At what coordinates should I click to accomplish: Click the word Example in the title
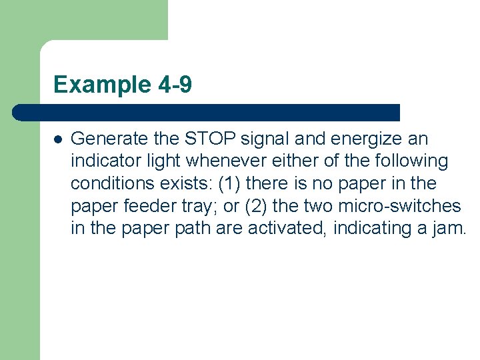click(x=93, y=85)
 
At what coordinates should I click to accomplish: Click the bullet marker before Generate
click(x=58, y=140)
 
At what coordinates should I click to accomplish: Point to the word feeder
click(x=149, y=205)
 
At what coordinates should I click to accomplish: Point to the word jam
click(x=451, y=228)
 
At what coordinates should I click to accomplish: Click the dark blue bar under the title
click(x=207, y=113)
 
